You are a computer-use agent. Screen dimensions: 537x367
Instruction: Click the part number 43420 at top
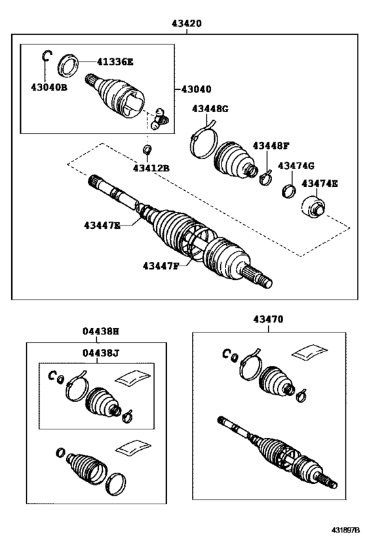coord(187,23)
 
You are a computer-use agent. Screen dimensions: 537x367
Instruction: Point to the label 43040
coord(196,87)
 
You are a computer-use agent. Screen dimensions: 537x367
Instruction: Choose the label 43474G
coord(296,166)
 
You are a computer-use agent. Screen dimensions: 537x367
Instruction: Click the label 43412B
coord(151,169)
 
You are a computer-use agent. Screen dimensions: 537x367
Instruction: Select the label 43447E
coord(102,226)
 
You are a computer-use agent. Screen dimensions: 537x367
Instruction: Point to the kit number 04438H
coord(101,332)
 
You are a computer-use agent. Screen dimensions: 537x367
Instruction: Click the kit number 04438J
coord(101,353)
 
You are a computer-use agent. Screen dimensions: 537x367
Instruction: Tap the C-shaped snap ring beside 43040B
coord(46,56)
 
